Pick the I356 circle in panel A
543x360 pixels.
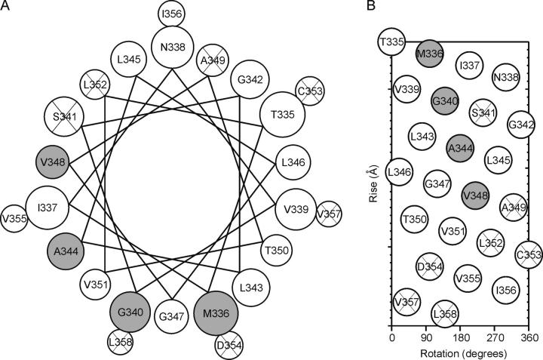173,14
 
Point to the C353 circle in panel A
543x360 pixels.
308,90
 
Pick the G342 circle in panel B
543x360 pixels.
522,124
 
